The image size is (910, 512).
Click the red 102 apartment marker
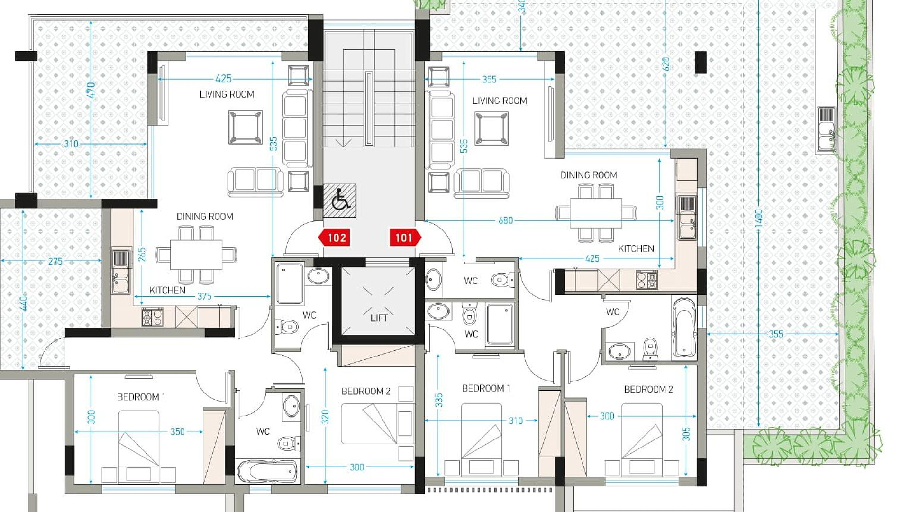coord(334,238)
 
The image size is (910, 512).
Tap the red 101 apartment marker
coord(405,238)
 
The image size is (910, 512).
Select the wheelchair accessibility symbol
coord(340,201)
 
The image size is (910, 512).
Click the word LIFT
coord(379,318)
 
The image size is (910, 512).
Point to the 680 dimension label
coord(506,220)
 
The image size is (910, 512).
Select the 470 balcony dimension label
coord(91,91)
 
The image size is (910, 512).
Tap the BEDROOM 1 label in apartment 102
coord(141,397)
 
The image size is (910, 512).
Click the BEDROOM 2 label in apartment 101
coord(648,389)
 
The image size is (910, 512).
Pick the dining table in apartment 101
coord(596,213)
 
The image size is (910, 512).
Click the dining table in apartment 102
coord(196,255)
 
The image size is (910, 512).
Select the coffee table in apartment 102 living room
coord(246,127)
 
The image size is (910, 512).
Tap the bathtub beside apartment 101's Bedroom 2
coord(683,327)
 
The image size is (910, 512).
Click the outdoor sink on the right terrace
coord(826,130)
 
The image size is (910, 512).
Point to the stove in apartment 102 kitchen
coord(152,317)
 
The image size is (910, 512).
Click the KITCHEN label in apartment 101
coord(636,248)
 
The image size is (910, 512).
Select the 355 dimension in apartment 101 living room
coord(489,79)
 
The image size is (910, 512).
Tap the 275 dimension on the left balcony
coord(55,262)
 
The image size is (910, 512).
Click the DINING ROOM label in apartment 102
coord(205,217)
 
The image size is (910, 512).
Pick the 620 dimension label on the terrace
coord(666,64)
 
